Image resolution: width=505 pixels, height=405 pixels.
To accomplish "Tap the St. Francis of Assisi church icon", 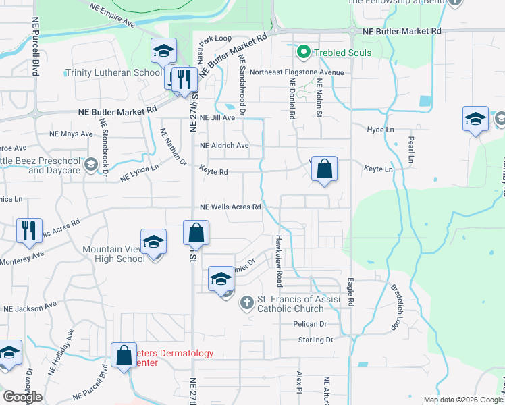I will coord(247,303).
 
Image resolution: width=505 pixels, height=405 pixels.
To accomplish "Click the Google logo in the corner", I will coord(22,396).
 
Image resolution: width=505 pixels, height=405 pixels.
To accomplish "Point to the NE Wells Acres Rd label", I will coord(230,207).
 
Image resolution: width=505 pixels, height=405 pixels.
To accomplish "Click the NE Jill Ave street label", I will coord(217,117).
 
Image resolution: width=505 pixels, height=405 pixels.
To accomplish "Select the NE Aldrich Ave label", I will coord(224,145).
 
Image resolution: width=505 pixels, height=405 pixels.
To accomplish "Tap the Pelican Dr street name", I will coord(310,324).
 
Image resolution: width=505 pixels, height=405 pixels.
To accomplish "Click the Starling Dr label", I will coord(315,340).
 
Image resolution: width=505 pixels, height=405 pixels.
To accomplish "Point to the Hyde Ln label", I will coord(380,130).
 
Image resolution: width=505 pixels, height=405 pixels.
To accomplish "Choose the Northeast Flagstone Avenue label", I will coord(296,72).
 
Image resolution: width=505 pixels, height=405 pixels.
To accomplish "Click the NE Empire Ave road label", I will coord(111,14).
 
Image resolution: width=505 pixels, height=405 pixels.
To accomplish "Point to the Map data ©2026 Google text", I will coord(462,400).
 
